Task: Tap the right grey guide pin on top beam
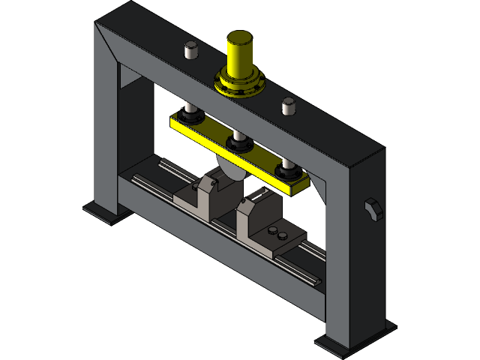(288, 106)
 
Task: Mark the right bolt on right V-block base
(283, 235)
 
